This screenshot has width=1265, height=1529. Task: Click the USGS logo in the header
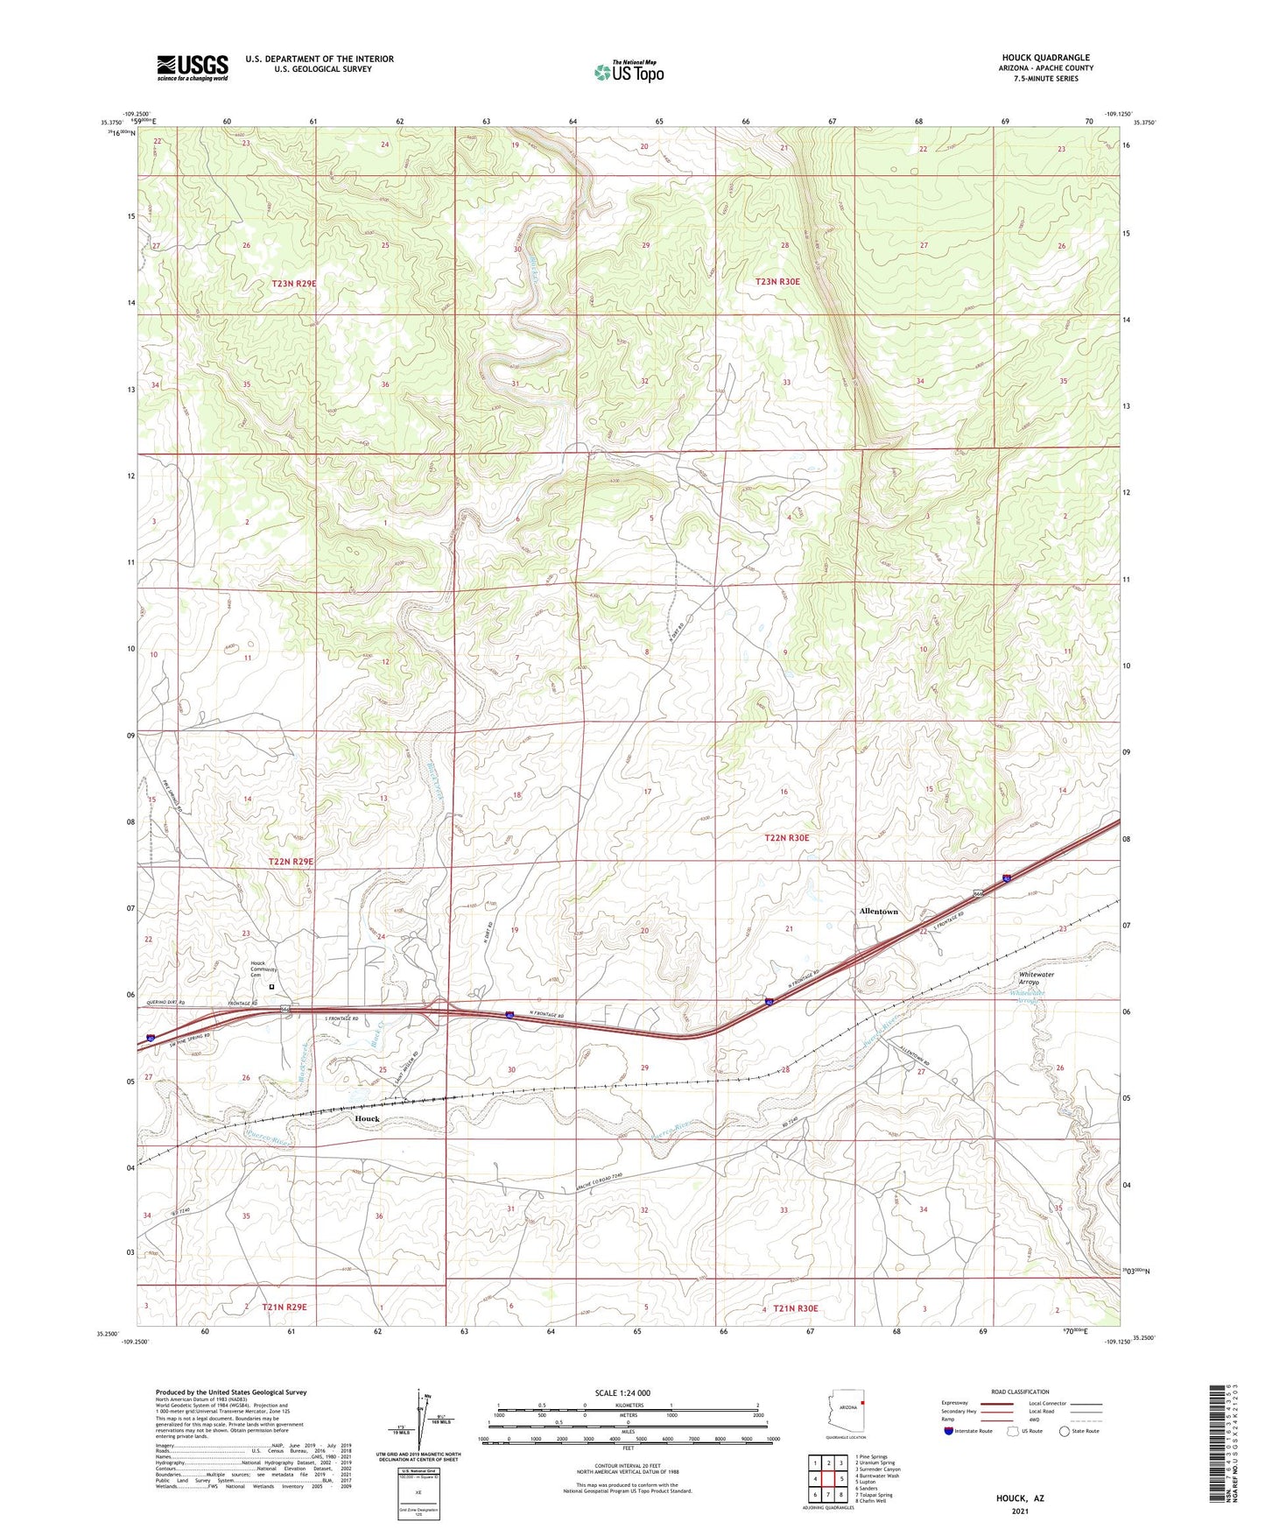(x=192, y=67)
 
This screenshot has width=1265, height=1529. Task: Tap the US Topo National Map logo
(x=629, y=71)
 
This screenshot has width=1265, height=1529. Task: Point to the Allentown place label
(x=878, y=912)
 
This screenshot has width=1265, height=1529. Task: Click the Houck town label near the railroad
(x=367, y=1119)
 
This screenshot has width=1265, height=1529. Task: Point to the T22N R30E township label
(x=787, y=838)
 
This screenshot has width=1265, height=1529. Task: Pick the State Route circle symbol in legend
(x=1064, y=1431)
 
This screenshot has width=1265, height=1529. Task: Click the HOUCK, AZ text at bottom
(x=1019, y=1498)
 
